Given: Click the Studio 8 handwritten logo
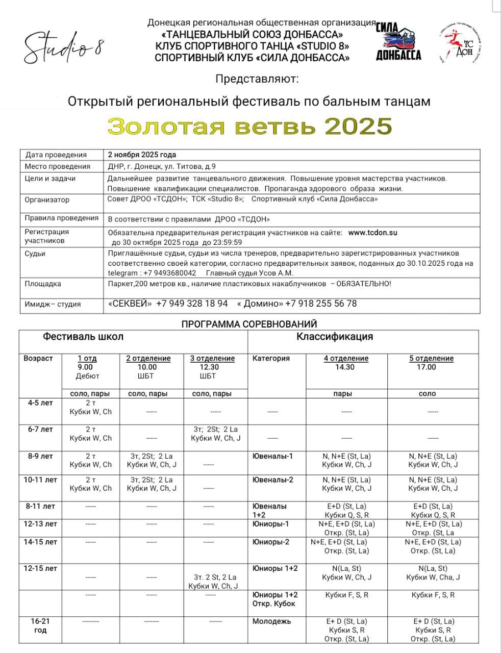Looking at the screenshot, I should point(64,47).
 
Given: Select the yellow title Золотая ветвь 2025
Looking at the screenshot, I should point(250,126).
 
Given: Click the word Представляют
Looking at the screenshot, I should point(257,79).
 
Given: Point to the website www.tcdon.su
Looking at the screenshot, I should point(372,233).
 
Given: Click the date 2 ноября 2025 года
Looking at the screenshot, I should point(142,155).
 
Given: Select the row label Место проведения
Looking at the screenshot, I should point(57,166).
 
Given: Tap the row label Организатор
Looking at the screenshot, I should point(47,200).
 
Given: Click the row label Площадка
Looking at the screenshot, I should point(43,284).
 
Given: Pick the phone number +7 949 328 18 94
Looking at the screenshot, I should point(192,304).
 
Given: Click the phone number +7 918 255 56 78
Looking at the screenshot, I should point(321,304).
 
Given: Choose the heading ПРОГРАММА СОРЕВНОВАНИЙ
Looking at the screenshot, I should point(249,324).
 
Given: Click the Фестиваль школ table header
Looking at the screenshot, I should point(83,337).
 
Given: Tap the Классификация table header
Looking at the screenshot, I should point(335,337).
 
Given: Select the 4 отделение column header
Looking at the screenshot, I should point(346,358).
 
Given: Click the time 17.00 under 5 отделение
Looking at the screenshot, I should point(427,367).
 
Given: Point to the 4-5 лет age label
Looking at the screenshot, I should point(40,403).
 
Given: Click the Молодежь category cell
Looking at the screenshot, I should point(271,621).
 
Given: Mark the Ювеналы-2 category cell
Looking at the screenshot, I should point(272,480).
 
